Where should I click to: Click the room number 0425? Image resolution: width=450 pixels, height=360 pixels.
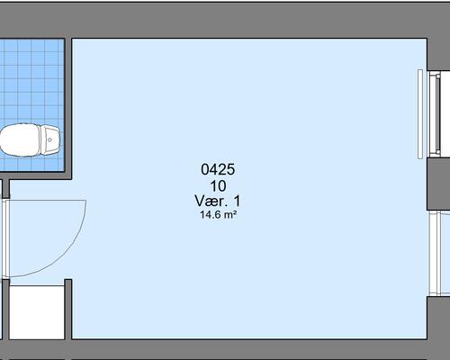218,169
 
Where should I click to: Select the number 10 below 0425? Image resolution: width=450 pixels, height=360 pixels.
218,186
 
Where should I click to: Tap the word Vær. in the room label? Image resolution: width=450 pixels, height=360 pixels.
211,201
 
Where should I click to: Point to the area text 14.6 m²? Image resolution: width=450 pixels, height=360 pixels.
219,215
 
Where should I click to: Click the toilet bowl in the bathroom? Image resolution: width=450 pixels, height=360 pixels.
20,140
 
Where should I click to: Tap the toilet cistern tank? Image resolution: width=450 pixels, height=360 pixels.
50,139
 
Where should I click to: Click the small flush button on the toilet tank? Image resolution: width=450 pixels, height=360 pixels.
49,139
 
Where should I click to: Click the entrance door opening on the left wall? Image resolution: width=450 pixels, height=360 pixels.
5,238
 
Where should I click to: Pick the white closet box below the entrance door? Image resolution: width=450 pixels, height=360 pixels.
37,312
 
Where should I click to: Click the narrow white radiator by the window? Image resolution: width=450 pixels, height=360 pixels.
420,114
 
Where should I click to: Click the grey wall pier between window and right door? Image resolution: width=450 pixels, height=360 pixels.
438,184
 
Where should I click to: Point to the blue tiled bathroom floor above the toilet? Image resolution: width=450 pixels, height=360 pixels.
32,81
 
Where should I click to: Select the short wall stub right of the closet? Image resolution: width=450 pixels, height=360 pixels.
68,310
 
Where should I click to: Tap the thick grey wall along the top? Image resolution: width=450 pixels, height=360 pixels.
225,20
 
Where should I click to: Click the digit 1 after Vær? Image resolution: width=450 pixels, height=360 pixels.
237,201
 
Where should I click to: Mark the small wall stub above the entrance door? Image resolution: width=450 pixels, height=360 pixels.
5,189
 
